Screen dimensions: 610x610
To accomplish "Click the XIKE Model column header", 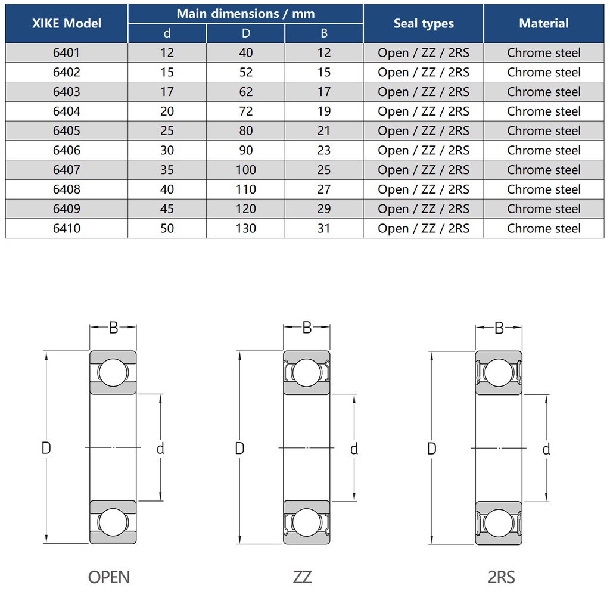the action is [x=67, y=23].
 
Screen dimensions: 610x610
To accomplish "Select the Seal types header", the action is [x=424, y=23].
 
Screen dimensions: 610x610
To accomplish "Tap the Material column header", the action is [x=543, y=23].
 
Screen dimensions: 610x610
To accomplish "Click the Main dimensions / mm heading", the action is [x=245, y=14].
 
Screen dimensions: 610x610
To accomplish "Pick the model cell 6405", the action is [x=67, y=130].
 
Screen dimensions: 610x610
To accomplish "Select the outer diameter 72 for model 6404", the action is [x=246, y=111].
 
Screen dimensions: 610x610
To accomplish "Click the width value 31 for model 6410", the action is [x=323, y=228].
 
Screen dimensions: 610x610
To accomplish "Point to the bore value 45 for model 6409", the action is [x=167, y=208].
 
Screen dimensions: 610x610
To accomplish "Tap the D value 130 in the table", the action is [x=246, y=228].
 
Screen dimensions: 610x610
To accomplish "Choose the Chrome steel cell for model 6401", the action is [x=543, y=53].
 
